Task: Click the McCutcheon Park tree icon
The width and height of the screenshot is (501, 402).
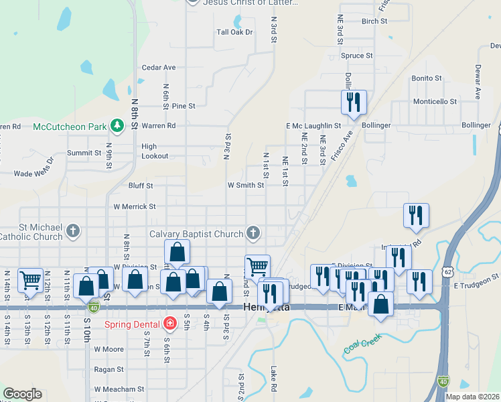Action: click(117, 125)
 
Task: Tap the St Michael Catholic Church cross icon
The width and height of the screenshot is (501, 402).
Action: click(74, 232)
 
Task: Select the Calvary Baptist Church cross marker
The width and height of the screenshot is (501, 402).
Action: click(253, 233)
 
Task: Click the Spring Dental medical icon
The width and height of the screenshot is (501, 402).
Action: click(170, 324)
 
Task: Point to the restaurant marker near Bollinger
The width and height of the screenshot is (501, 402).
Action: click(353, 103)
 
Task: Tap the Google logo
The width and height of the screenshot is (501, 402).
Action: click(22, 394)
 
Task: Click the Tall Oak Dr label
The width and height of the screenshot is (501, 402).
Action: click(234, 31)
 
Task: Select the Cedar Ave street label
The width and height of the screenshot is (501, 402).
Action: click(159, 67)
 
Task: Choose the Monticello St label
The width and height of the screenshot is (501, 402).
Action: click(434, 101)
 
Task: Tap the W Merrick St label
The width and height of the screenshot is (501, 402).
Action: click(135, 207)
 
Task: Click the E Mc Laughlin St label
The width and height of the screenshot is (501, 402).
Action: click(313, 125)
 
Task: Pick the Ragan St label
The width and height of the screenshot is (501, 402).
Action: click(109, 369)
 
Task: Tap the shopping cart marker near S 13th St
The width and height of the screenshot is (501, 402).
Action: click(31, 280)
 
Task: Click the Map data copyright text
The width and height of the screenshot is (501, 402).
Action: click(473, 397)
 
